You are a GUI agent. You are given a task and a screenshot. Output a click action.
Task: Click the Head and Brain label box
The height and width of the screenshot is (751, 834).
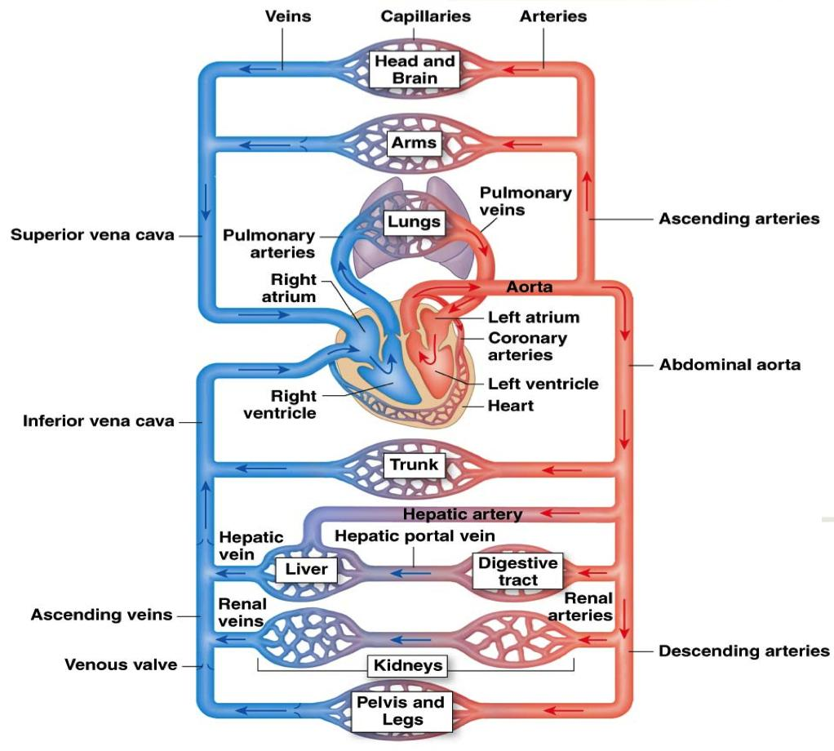pyautogui.click(x=415, y=69)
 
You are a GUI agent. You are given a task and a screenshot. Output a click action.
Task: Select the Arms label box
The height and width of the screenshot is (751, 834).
pyautogui.click(x=414, y=144)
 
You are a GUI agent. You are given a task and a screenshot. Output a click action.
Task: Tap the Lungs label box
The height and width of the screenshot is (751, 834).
pyautogui.click(x=414, y=222)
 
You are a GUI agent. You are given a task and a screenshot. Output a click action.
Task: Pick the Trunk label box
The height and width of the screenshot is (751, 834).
pyautogui.click(x=414, y=465)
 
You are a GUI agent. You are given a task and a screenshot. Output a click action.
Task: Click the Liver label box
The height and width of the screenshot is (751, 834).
pyautogui.click(x=306, y=569)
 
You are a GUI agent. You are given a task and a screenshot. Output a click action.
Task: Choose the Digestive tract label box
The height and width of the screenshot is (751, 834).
pyautogui.click(x=518, y=571)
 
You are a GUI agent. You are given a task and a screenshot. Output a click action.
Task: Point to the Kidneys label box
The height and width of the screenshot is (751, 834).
pyautogui.click(x=408, y=665)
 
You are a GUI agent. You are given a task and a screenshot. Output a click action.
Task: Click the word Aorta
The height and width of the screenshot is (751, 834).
pyautogui.click(x=529, y=287)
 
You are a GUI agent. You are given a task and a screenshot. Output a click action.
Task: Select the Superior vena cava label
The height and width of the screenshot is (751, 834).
pyautogui.click(x=92, y=236)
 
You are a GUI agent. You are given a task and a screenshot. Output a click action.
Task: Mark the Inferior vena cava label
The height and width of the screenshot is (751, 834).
pyautogui.click(x=98, y=421)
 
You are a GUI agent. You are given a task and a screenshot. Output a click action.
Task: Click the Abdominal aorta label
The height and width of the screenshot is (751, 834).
pyautogui.click(x=730, y=365)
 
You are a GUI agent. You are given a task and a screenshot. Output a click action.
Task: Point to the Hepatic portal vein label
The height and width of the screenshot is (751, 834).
pyautogui.click(x=415, y=536)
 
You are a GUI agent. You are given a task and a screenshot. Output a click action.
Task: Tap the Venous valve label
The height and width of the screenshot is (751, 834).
pyautogui.click(x=121, y=664)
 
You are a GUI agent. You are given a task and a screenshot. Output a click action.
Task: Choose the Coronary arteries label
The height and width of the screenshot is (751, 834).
pyautogui.click(x=527, y=346)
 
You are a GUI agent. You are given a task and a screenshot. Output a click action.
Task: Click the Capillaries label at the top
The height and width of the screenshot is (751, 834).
pyautogui.click(x=426, y=16)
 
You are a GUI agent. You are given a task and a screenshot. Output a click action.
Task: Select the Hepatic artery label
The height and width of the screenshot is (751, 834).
pyautogui.click(x=462, y=513)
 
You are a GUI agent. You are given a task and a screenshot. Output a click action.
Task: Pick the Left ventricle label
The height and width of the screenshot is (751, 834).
pyautogui.click(x=543, y=384)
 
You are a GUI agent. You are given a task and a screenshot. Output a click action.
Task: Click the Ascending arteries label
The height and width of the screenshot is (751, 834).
pyautogui.click(x=739, y=219)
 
